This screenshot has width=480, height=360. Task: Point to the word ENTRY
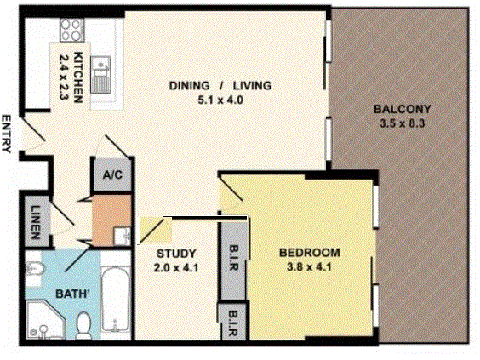click(x=7, y=134)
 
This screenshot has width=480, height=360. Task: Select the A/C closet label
click(x=111, y=176)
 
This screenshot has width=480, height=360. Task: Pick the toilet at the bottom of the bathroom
click(x=83, y=323)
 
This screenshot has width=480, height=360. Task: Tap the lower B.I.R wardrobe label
click(x=233, y=323)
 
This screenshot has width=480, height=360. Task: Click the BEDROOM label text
click(x=310, y=253)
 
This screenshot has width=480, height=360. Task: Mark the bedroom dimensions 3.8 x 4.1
click(x=310, y=266)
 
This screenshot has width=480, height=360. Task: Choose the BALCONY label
click(x=403, y=109)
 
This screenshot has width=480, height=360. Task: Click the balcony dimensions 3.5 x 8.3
click(x=403, y=122)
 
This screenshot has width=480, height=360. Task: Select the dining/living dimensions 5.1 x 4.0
click(x=220, y=99)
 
